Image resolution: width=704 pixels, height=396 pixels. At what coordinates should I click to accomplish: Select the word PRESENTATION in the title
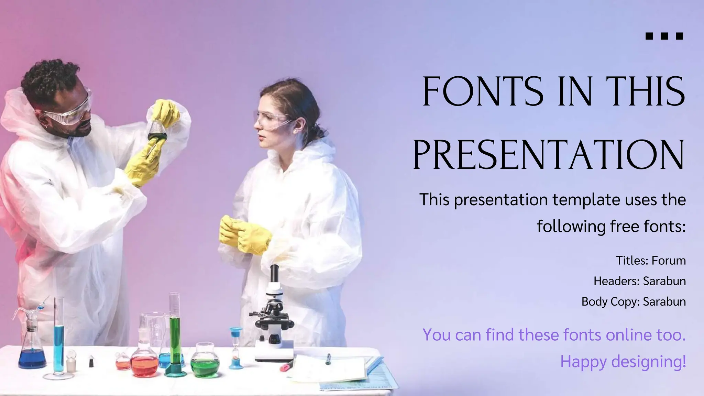click(x=549, y=155)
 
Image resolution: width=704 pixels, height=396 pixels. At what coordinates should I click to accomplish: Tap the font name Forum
click(x=669, y=261)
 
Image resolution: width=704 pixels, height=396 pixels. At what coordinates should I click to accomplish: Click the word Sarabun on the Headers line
click(x=664, y=281)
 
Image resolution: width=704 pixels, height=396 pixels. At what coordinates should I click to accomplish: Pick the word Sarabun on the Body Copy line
click(x=664, y=301)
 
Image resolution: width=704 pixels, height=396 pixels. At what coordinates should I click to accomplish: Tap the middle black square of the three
click(x=664, y=36)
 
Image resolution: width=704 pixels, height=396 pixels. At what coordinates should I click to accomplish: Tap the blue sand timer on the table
click(x=236, y=347)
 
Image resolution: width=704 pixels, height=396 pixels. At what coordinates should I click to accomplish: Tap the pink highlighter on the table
click(x=286, y=367)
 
